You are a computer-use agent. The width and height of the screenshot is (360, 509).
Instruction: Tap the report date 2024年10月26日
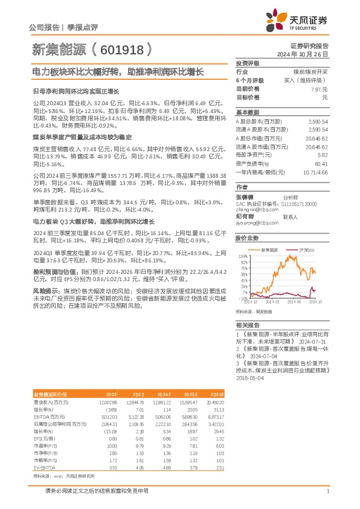[308, 54]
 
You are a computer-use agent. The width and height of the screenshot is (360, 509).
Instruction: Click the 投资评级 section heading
[248, 63]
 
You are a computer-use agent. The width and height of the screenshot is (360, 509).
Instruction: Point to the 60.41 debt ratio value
[320, 163]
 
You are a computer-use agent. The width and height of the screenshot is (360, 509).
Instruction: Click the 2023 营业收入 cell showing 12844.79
[136, 401]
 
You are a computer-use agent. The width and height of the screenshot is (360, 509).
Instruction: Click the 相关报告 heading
[248, 325]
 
